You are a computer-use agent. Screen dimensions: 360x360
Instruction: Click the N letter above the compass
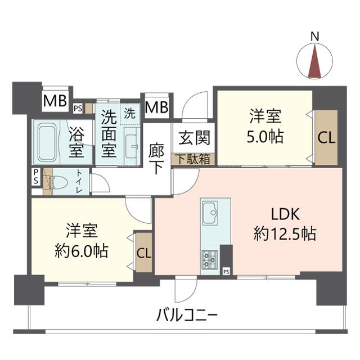pyautogui.click(x=315, y=37)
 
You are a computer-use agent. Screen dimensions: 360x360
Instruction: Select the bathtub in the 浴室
pyautogui.click(x=47, y=142)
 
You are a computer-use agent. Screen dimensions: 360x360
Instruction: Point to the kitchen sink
pyautogui.click(x=210, y=213)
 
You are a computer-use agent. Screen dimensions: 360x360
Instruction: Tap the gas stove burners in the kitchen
pyautogui.click(x=210, y=260)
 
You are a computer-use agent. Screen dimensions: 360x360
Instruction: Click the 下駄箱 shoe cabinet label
pyautogui.click(x=193, y=159)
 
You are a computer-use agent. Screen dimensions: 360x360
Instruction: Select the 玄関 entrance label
pyautogui.click(x=194, y=138)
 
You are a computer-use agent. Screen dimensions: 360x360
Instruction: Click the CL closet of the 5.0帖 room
pyautogui.click(x=326, y=137)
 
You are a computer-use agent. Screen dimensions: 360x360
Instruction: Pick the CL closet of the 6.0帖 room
pyautogui.click(x=144, y=253)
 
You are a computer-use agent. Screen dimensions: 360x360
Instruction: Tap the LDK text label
pyautogui.click(x=285, y=214)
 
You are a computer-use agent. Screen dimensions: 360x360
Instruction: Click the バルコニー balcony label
pyautogui.click(x=186, y=315)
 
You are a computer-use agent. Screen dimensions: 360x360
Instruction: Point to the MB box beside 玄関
pyautogui.click(x=156, y=106)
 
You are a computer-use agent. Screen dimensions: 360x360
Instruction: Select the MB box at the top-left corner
pyautogui.click(x=55, y=100)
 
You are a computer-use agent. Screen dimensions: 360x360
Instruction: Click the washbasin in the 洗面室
pyautogui.click(x=131, y=146)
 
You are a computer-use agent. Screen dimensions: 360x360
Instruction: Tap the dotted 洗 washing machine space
pyautogui.click(x=130, y=114)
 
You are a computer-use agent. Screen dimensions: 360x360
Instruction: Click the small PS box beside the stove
pyautogui.click(x=226, y=272)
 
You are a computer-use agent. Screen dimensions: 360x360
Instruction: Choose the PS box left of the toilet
pyautogui.click(x=36, y=177)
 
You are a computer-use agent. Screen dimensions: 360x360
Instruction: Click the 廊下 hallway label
pyautogui.click(x=156, y=159)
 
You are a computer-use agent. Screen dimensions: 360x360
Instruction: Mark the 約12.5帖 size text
pyautogui.click(x=285, y=233)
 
